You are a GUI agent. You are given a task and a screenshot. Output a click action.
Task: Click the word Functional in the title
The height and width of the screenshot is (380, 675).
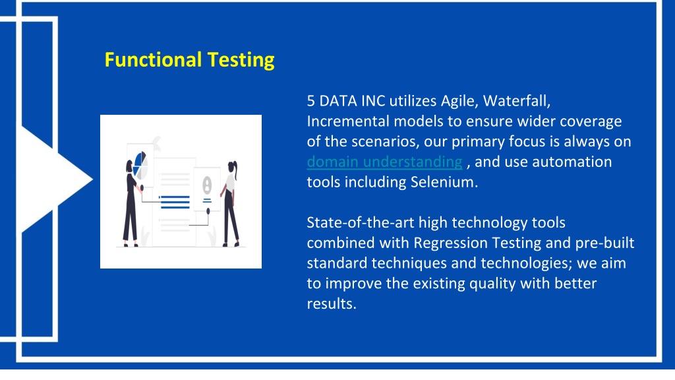point(153,59)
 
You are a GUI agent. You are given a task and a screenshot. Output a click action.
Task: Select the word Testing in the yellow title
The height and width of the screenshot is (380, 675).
point(241,60)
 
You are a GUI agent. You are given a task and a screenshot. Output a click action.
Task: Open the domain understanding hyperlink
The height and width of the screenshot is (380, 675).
point(384,162)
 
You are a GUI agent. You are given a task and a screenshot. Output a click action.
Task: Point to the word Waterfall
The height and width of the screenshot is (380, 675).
point(516,101)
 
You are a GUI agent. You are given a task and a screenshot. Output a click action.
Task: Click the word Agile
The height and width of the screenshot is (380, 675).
point(459,102)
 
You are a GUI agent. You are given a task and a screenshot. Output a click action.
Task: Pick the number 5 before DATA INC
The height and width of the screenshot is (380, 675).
point(311,101)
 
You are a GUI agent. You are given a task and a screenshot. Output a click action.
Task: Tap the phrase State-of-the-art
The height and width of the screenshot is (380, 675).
point(361,223)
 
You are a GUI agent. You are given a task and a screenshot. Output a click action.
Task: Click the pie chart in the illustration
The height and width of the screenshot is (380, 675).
point(141,165)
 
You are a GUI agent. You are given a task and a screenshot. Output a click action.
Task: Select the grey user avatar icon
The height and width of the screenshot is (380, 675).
point(207,185)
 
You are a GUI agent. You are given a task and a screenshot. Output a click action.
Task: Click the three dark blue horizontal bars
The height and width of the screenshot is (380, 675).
point(175,202)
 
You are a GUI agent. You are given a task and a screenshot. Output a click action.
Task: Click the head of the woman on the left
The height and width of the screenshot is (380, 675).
point(129,166)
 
